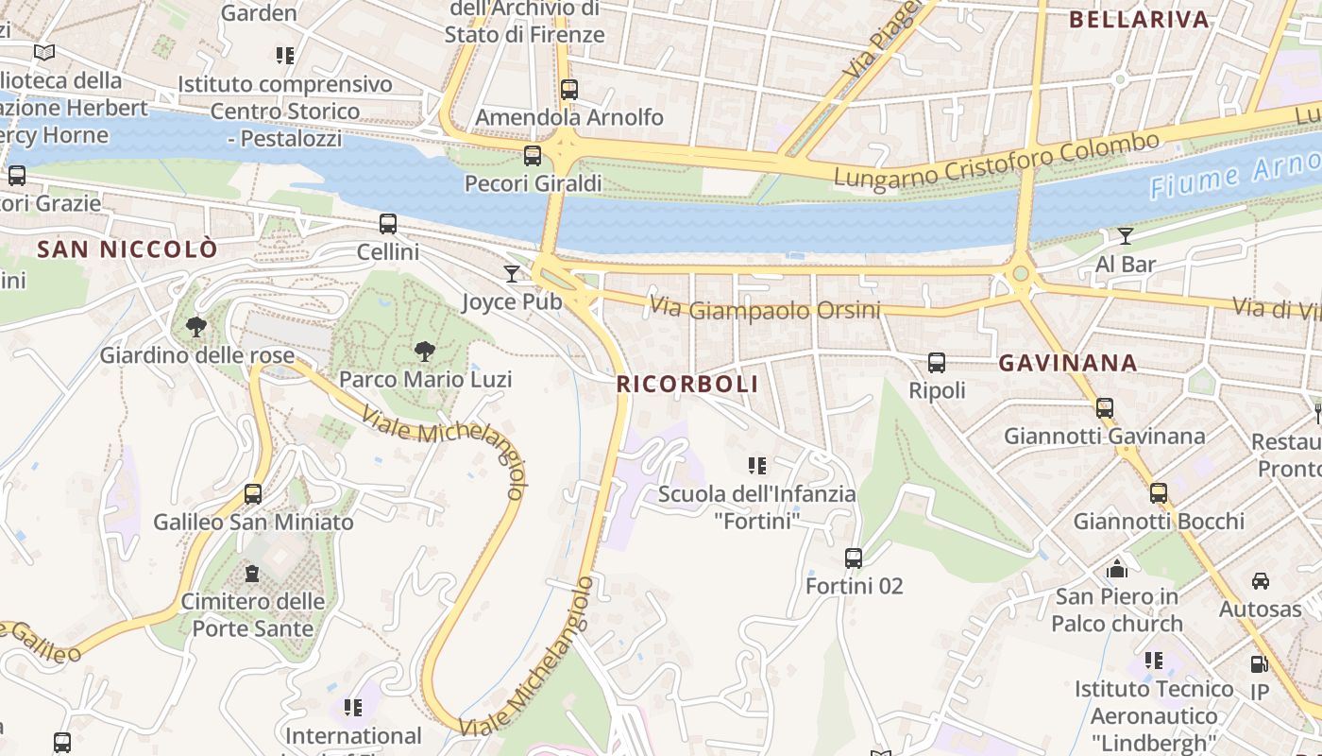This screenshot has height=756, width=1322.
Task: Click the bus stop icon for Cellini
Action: pyautogui.click(x=388, y=224)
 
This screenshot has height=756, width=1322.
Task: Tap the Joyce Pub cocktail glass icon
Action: pyautogui.click(x=512, y=274)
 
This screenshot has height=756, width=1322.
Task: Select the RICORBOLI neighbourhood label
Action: pyautogui.click(x=687, y=385)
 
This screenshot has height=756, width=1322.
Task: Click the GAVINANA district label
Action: pyautogui.click(x=1068, y=363)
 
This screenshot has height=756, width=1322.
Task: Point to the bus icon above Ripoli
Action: pyautogui.click(x=937, y=363)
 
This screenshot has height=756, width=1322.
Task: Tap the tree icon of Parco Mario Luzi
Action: pyautogui.click(x=425, y=352)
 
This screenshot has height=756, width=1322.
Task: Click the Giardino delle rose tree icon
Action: pyautogui.click(x=196, y=328)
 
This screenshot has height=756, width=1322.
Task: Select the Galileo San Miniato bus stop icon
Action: pyautogui.click(x=253, y=494)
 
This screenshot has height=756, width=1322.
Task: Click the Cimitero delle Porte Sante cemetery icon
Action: pyautogui.click(x=252, y=573)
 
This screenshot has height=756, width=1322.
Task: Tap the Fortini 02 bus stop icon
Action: pyautogui.click(x=854, y=558)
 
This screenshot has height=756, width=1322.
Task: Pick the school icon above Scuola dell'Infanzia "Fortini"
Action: pyautogui.click(x=756, y=465)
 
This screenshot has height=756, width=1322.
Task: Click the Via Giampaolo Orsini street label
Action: pyautogui.click(x=765, y=309)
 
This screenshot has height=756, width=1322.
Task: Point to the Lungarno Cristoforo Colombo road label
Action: pyautogui.click(x=996, y=162)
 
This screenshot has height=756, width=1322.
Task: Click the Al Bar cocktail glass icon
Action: pyautogui.click(x=1126, y=236)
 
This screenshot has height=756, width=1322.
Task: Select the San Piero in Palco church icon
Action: pyautogui.click(x=1117, y=568)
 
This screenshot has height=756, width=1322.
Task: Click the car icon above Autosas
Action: pyautogui.click(x=1260, y=580)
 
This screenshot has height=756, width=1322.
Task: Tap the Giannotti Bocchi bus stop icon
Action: pyautogui.click(x=1159, y=493)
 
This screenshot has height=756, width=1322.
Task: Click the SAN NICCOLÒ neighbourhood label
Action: pyautogui.click(x=127, y=249)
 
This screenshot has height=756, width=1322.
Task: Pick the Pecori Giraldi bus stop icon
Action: pyautogui.click(x=533, y=156)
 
